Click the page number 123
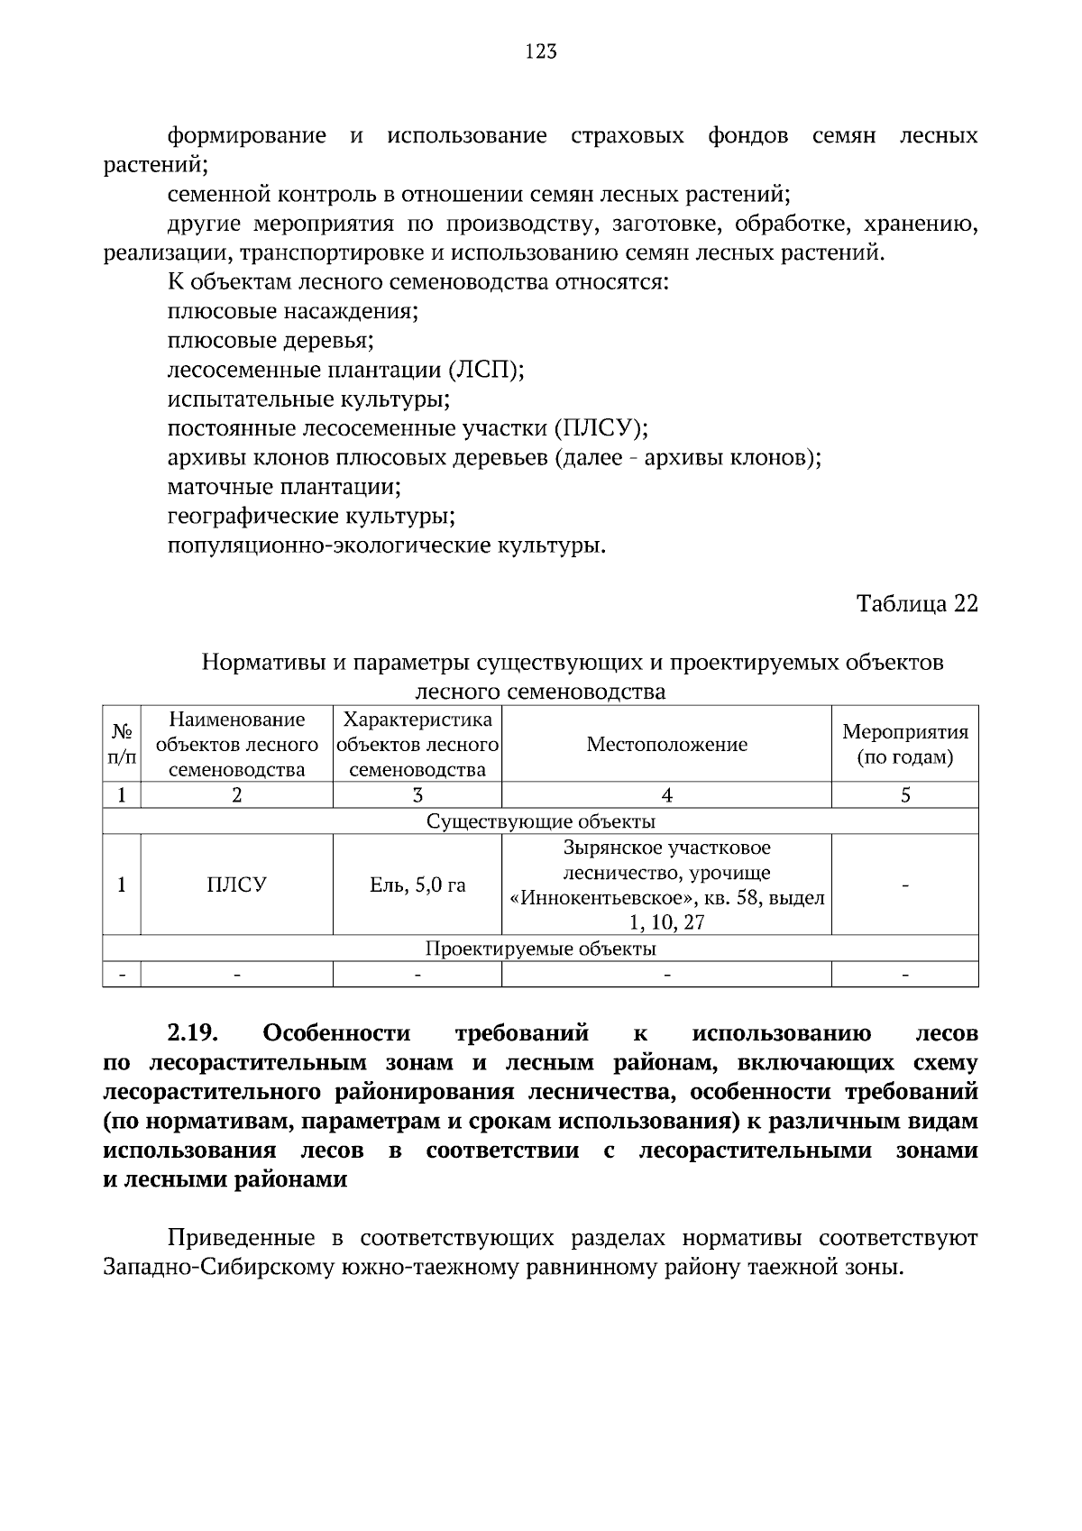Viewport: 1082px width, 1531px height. (x=540, y=51)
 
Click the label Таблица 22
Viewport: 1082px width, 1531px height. (x=916, y=604)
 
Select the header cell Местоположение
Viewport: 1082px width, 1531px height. (x=666, y=745)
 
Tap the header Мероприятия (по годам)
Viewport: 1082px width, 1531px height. (x=904, y=745)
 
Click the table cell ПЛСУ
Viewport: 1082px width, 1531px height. (x=236, y=885)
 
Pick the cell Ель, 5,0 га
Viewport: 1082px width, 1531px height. (x=417, y=885)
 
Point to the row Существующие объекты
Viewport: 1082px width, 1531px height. (x=540, y=821)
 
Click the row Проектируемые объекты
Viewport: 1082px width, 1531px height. (x=540, y=949)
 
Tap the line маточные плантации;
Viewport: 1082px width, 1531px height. (x=284, y=488)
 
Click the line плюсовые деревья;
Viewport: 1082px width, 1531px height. (x=270, y=342)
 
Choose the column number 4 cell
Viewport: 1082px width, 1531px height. (x=666, y=795)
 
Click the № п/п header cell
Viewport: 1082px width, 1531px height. (x=122, y=745)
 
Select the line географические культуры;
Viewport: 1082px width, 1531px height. (x=311, y=517)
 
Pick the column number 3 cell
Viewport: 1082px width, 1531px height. (x=417, y=795)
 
